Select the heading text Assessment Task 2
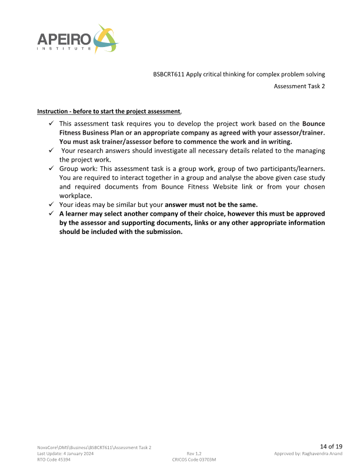(299, 86)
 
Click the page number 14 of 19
(331, 446)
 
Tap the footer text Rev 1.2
(194, 453)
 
